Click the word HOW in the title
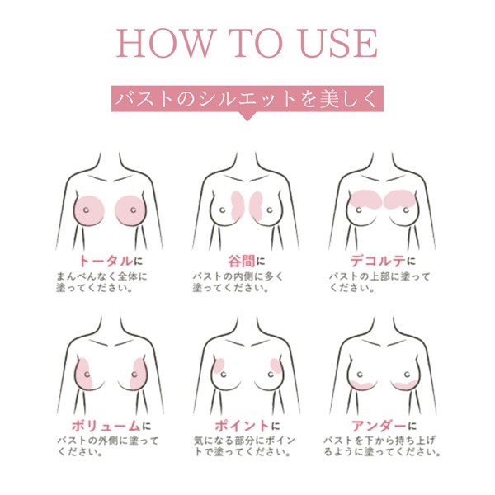point(162,44)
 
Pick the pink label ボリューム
point(99,426)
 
